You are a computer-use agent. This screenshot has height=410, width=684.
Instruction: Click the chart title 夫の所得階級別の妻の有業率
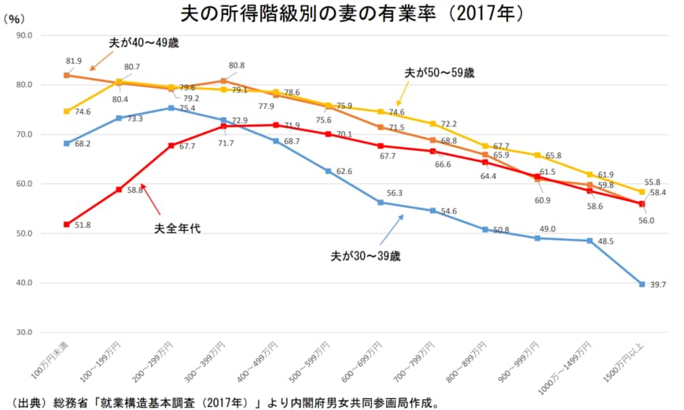[x=341, y=13]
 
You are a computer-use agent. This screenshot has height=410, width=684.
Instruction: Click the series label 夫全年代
[x=177, y=229]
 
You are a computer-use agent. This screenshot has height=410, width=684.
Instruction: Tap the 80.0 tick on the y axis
[x=24, y=85]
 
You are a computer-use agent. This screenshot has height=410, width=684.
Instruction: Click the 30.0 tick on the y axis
[x=24, y=332]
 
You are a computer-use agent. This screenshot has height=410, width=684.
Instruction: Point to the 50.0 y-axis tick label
[x=24, y=233]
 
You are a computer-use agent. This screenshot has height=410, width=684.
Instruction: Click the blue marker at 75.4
[x=171, y=108]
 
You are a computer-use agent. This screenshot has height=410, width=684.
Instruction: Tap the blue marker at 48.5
[x=589, y=240]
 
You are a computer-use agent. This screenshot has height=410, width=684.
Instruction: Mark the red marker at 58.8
[x=119, y=189]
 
